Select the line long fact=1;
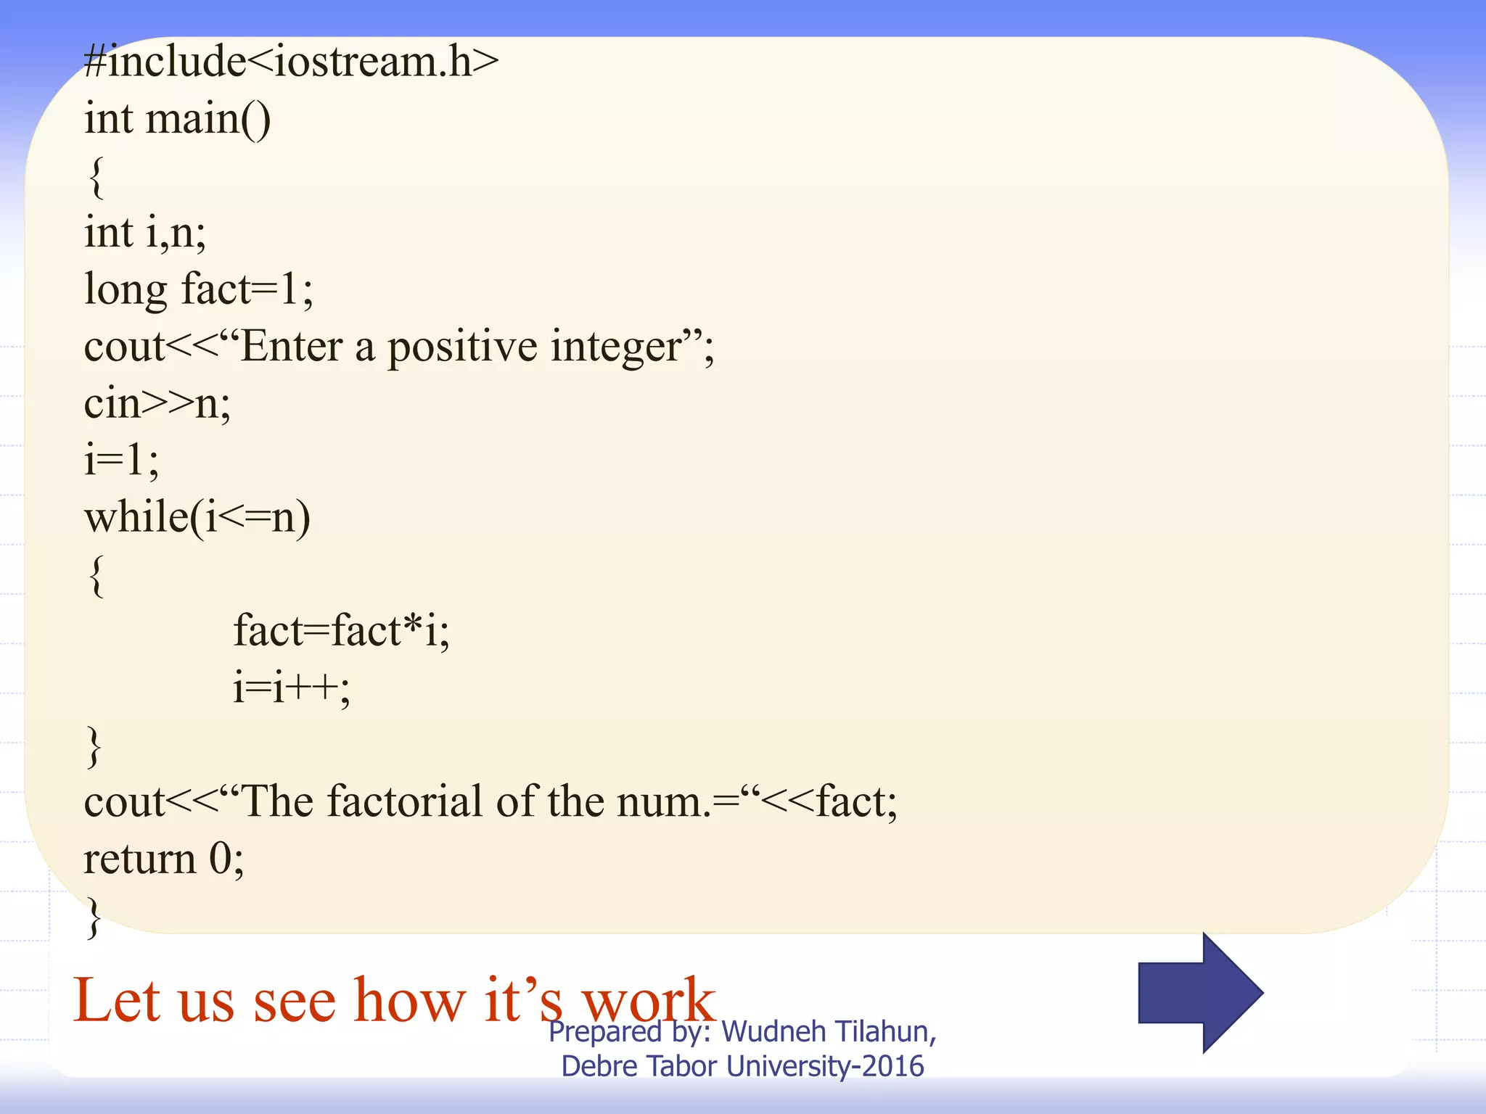199,289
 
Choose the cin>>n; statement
157,403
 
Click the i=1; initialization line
121,460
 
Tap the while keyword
137,516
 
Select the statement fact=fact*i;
341,630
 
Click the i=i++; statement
292,687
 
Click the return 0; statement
164,859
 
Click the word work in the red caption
649,1001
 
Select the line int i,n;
145,232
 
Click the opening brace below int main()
96,176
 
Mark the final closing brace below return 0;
94,917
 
